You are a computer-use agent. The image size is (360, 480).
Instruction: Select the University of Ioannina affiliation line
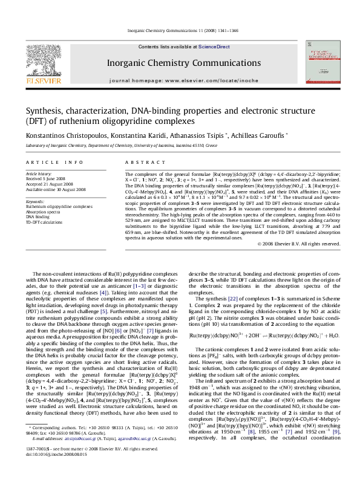click(118, 146)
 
